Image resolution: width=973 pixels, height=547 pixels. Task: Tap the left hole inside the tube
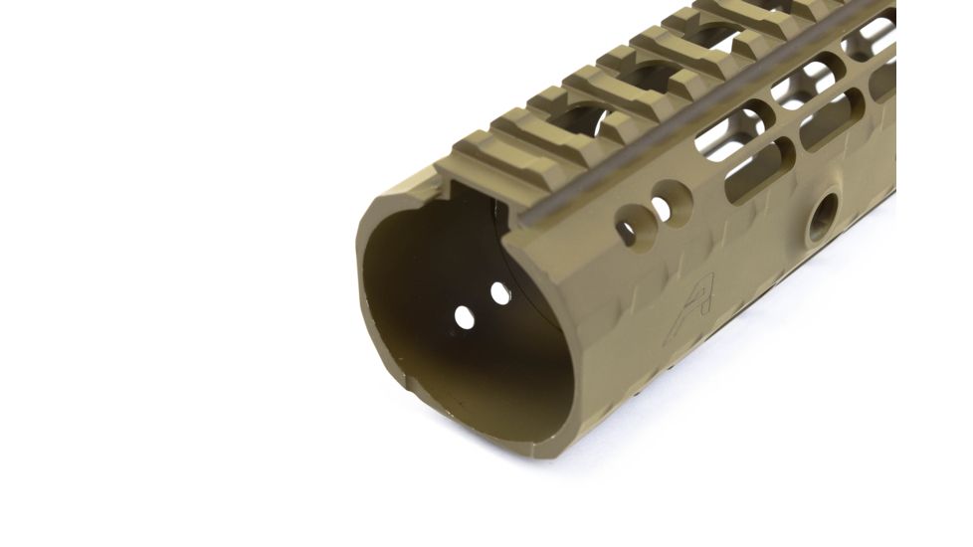(464, 316)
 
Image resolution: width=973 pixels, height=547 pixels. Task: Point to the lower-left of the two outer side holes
(627, 231)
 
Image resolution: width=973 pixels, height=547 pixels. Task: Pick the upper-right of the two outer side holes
(660, 207)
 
